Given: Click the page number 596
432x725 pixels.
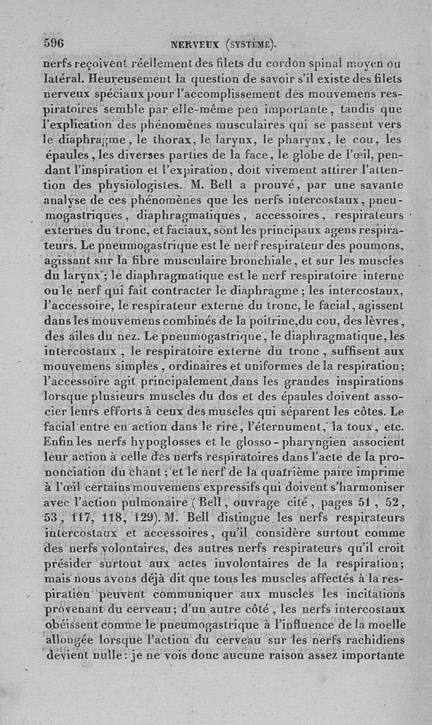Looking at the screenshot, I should (x=53, y=43).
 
